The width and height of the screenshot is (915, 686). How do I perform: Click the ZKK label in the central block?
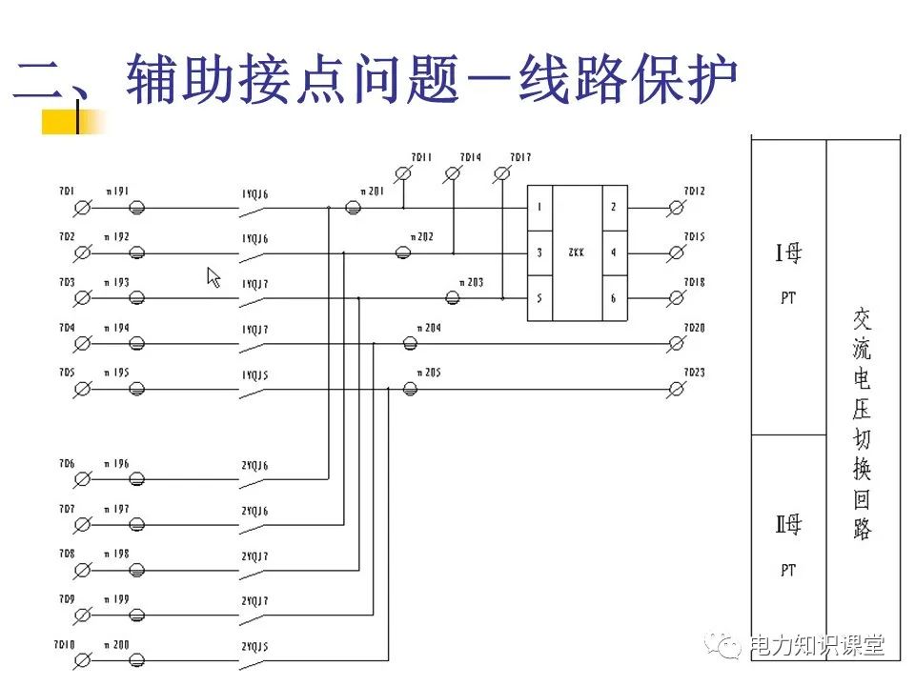[577, 253]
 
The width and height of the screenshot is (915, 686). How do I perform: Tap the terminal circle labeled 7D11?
[403, 173]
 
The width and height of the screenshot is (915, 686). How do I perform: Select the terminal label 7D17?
[520, 157]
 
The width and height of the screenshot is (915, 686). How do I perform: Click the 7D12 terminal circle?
[677, 207]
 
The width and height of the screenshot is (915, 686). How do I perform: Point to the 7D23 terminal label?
[694, 373]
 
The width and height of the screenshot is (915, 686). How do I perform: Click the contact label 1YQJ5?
[254, 375]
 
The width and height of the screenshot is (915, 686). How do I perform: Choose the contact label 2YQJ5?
[254, 647]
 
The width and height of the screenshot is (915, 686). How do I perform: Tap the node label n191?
[117, 192]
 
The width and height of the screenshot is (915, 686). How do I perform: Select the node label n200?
[117, 645]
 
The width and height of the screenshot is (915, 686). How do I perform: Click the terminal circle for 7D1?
[83, 207]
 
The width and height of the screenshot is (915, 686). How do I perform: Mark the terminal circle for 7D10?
[83, 660]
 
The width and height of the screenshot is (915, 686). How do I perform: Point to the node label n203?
[470, 283]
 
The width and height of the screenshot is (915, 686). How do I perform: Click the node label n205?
[428, 373]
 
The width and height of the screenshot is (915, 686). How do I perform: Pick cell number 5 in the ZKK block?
[539, 298]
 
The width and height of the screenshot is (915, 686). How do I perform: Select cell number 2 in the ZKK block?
[613, 207]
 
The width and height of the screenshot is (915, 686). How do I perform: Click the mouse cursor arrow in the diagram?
[213, 276]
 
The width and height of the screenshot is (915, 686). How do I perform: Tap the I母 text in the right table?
[787, 254]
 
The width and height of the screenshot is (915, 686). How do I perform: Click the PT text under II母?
[787, 571]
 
